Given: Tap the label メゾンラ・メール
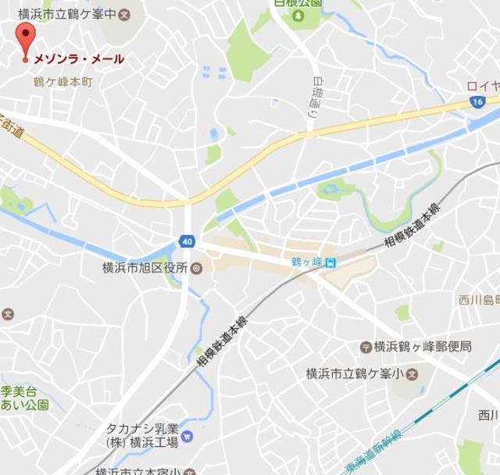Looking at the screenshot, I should pos(78,59).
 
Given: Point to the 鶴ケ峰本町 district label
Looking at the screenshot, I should pos(62,81).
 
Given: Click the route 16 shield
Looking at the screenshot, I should pos(477,102).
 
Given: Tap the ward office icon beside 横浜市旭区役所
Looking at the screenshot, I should pos(196,268).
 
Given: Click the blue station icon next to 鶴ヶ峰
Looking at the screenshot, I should pos(330,262).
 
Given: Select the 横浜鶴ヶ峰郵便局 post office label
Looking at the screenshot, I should pos(423,346).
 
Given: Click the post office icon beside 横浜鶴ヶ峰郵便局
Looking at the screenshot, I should pos(364,346).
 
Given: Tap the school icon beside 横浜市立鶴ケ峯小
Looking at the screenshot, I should pos(412,373).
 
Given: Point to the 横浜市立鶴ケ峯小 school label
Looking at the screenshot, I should pos(354,373).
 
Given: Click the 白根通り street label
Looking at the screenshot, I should pos(315,98).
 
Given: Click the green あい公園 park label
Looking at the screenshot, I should pos(23,405).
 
